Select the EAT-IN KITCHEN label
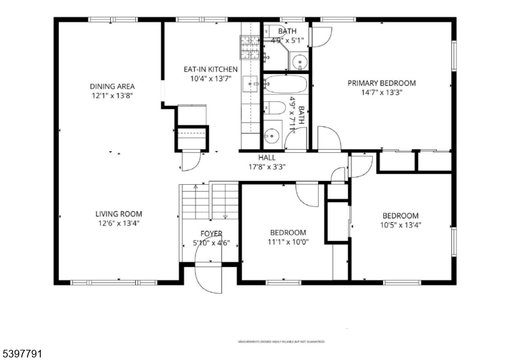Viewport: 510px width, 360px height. click(210, 69)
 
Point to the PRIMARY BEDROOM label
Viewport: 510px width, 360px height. click(381, 83)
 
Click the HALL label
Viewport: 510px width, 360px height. click(266, 157)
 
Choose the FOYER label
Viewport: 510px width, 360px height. click(211, 234)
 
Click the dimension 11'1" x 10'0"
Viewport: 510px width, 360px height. click(288, 242)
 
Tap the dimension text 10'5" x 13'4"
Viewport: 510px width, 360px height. click(400, 224)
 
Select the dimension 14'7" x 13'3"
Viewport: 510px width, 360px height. click(381, 92)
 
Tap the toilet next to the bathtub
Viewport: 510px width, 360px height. click(272, 108)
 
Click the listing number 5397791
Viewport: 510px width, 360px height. click(22, 351)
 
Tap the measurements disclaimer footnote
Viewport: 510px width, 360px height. click(281, 342)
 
